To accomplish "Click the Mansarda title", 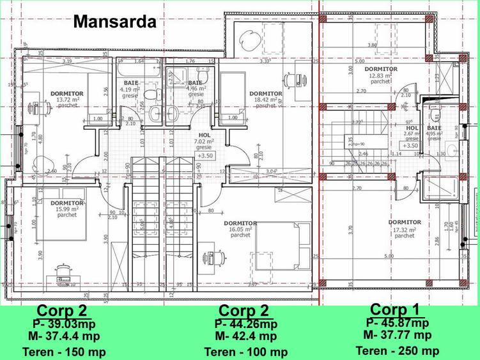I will coord(114,21).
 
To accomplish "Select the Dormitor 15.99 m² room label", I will coord(66,208).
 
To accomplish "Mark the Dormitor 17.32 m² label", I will coord(405,228).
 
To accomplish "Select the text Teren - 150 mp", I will coord(64,352).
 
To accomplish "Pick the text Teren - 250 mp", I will coord(397,350).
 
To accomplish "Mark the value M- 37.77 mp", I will coord(397,334).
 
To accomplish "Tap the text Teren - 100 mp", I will coord(246,352).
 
